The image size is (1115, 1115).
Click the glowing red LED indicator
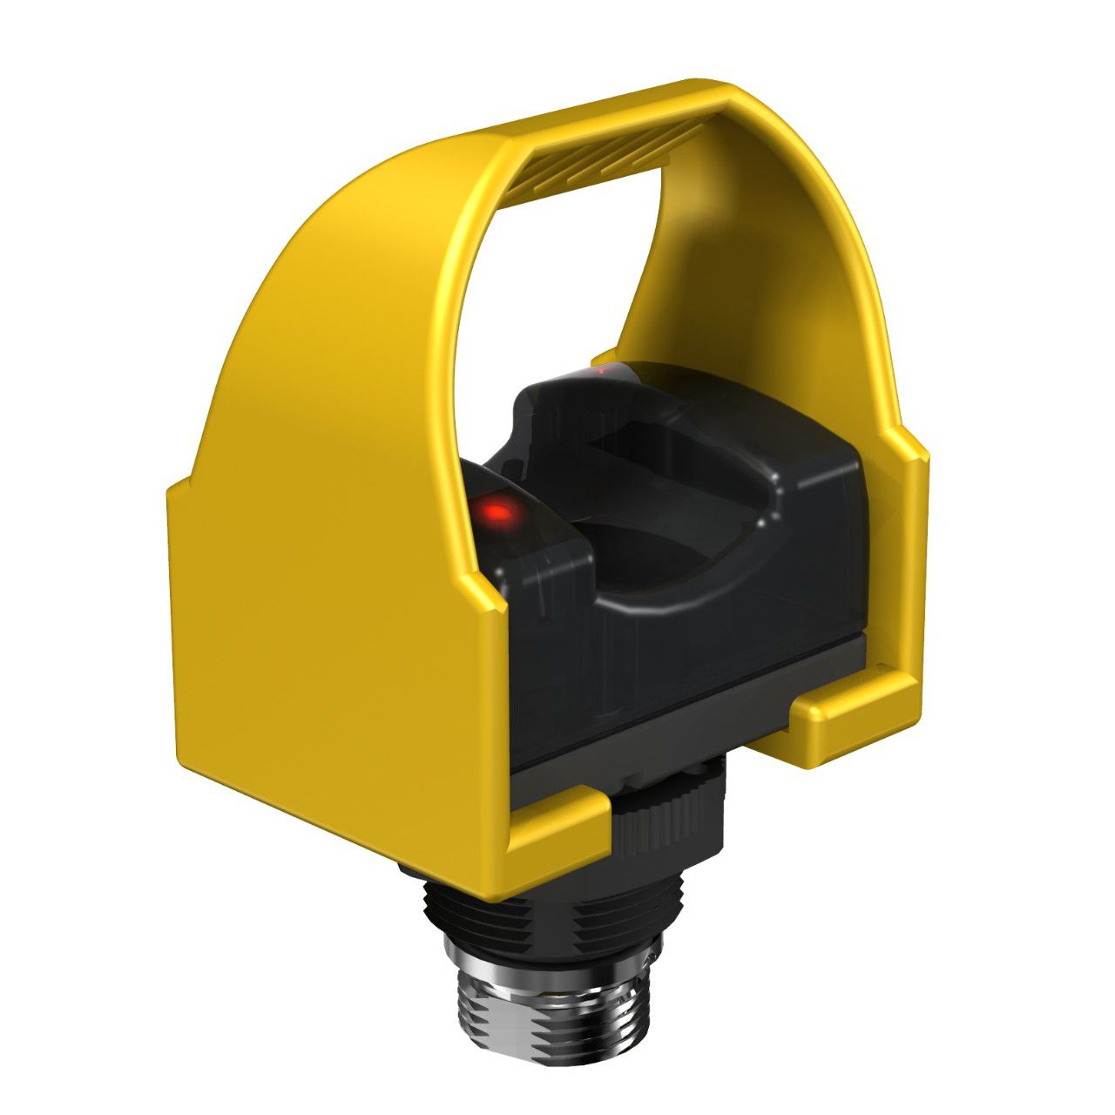click(498, 511)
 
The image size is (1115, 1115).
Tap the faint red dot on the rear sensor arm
click(601, 371)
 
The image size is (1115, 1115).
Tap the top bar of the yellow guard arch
click(610, 113)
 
